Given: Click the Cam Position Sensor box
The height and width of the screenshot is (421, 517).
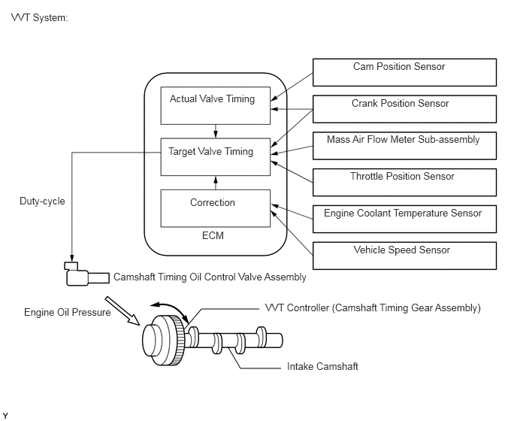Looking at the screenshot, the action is [x=404, y=73].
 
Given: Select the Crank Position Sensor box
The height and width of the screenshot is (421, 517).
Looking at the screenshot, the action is [x=404, y=109].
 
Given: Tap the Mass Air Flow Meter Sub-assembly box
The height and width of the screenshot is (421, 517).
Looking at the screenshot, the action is [x=404, y=146].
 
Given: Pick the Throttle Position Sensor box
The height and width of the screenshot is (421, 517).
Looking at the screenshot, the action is [x=404, y=183].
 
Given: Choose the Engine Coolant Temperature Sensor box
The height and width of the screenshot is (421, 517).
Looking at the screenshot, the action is [x=404, y=219].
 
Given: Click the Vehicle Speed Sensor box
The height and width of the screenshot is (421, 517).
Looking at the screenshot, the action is [x=404, y=256].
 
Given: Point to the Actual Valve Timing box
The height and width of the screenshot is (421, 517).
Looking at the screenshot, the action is [x=216, y=105].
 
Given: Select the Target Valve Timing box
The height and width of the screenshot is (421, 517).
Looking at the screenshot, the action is [x=216, y=156].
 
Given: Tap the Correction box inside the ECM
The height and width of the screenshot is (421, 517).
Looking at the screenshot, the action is [x=216, y=208].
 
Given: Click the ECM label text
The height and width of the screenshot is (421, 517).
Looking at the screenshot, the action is [x=213, y=235].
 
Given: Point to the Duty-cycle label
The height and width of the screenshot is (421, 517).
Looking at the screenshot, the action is [x=42, y=201].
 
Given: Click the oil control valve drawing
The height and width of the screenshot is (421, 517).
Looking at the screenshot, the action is [x=86, y=274].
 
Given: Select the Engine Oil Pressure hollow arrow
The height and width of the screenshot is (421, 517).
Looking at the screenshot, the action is [x=122, y=310].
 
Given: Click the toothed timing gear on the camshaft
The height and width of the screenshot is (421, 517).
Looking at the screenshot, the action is [x=177, y=340].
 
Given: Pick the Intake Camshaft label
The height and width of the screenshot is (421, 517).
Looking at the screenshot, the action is [x=322, y=366].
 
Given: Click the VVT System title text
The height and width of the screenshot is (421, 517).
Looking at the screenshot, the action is [x=39, y=17].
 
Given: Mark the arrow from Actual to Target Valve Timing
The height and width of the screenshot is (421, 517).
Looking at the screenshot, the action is [x=216, y=132].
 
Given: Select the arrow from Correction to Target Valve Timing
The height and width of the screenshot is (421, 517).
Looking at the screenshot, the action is [x=216, y=183].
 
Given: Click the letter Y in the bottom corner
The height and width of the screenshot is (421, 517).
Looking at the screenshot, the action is [x=5, y=416].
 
